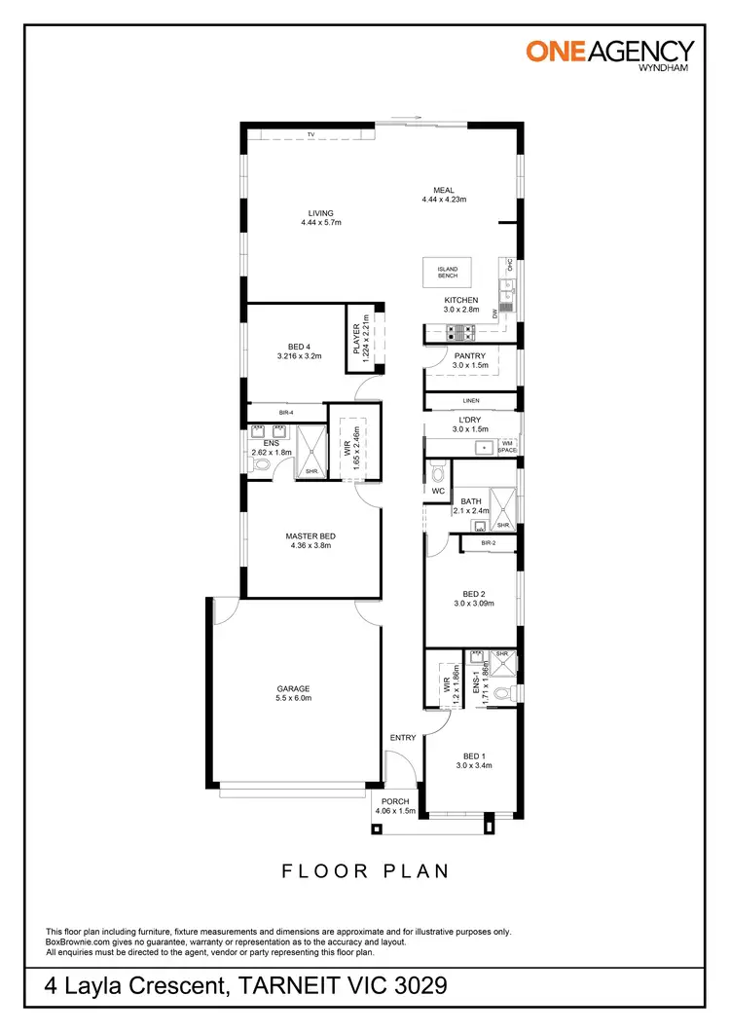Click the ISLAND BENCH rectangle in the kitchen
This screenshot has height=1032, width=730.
click(x=448, y=272)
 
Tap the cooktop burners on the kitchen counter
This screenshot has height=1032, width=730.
click(x=458, y=333)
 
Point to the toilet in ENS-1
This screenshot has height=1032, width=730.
click(x=503, y=693)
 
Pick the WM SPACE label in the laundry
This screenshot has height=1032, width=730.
click(x=507, y=447)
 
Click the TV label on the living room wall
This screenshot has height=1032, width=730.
click(x=311, y=134)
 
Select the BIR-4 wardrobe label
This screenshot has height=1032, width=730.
click(x=286, y=413)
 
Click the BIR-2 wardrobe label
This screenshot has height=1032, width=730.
click(x=489, y=542)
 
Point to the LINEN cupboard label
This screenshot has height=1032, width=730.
click(x=471, y=400)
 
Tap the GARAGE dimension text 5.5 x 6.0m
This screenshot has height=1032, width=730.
click(x=293, y=698)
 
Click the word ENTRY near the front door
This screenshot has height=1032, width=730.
click(x=403, y=738)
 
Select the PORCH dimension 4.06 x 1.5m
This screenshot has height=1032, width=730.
click(x=395, y=810)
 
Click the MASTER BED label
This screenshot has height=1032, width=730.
click(x=310, y=535)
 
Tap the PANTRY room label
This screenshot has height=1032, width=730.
click(x=469, y=356)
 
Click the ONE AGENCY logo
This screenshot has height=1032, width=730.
click(x=609, y=53)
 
